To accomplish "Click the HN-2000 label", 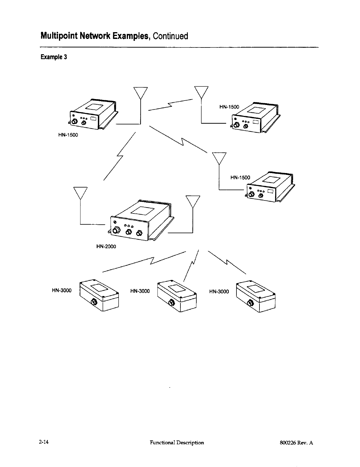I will coord(106,246).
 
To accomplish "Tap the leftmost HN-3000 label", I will coord(62,290).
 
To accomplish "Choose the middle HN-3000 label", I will coord(140,291).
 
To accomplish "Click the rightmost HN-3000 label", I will coord(219,291).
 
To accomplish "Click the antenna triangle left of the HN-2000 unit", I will coord(80,193).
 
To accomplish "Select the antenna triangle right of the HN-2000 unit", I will coord(193,201).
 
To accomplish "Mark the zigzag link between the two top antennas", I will coord(170,105).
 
